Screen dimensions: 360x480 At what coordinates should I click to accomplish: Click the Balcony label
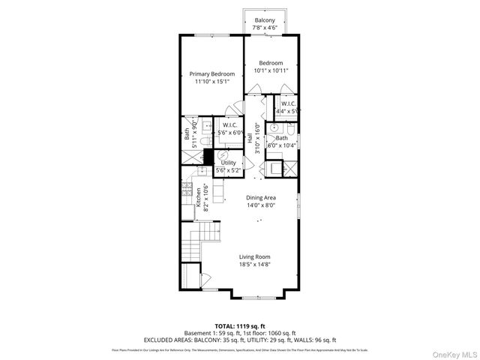(x=263, y=20)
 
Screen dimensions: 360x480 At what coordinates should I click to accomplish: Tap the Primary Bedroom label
(x=212, y=73)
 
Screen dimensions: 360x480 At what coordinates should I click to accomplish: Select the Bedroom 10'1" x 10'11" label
(x=270, y=63)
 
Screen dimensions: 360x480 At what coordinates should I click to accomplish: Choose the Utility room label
(x=228, y=163)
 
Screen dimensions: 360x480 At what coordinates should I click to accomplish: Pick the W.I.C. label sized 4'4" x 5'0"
(x=289, y=103)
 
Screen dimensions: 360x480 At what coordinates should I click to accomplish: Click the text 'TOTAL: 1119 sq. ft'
(x=240, y=326)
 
